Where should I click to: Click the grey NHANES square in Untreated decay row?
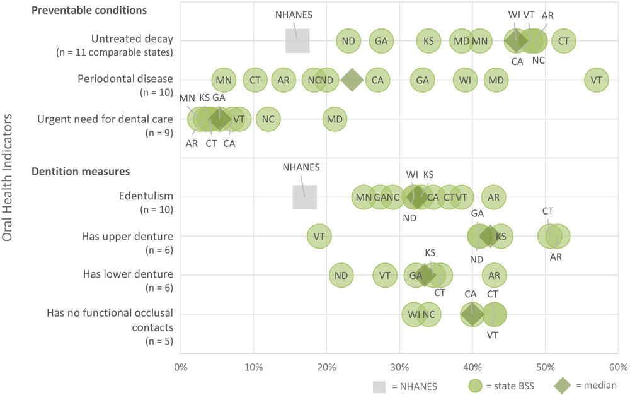pos(297,41)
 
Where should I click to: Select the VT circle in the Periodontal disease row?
pos(596,80)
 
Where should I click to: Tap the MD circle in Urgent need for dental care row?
pos(335,119)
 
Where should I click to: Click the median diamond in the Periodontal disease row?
pos(352,80)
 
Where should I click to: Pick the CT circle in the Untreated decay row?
pos(563,41)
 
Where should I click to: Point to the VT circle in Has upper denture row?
pos(319,237)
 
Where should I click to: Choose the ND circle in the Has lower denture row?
pos(341,275)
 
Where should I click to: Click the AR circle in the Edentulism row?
pos(494,197)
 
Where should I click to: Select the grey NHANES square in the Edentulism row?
pos(305,197)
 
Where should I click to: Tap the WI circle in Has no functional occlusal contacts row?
pos(414,314)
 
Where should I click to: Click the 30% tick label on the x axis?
pos(399,367)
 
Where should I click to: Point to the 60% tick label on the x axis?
pos(617,367)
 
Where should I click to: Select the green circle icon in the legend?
pos(478,384)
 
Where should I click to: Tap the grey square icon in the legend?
pos(379,384)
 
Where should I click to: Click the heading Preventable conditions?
pos(89,11)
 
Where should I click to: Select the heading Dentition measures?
pos(81,171)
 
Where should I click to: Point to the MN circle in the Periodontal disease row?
pos(223,80)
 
